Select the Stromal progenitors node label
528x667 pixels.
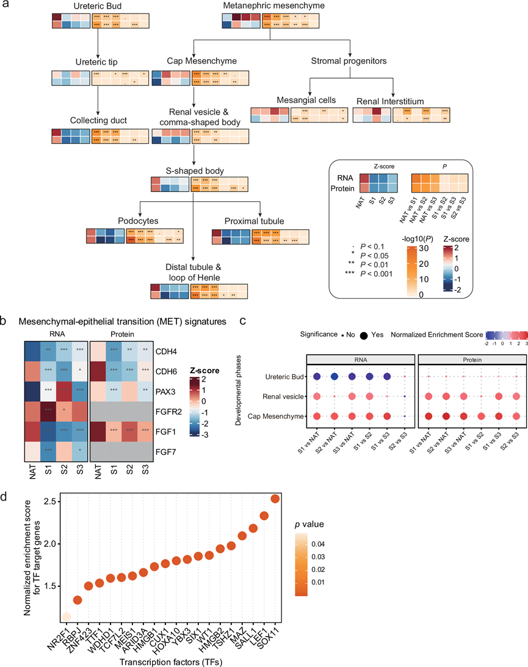(351, 60)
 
